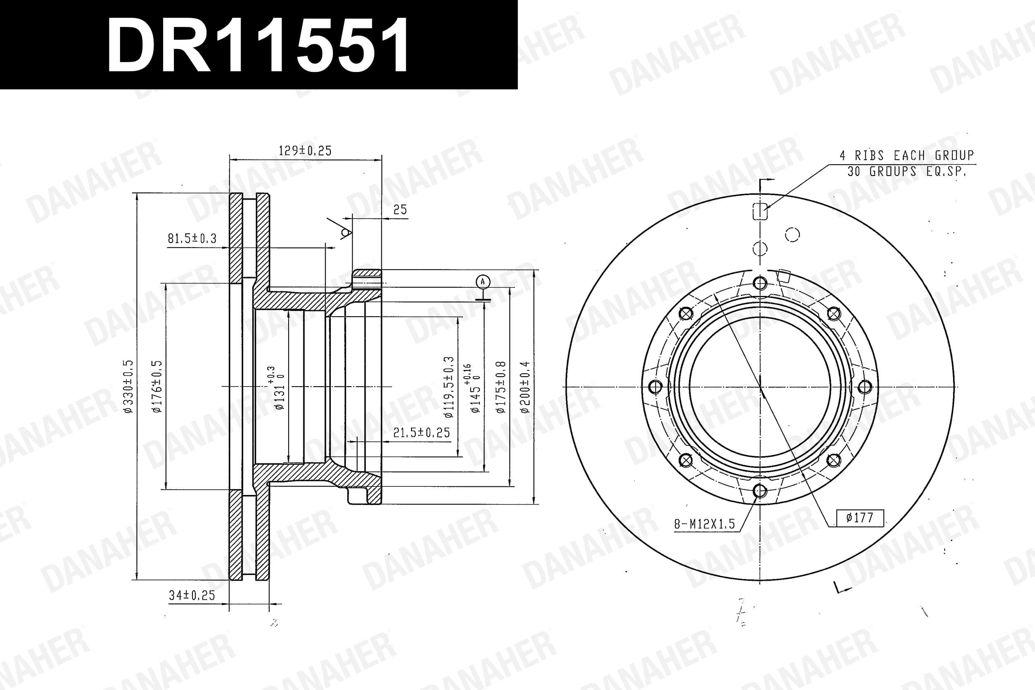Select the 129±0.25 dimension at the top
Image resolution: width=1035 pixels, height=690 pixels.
tap(305, 151)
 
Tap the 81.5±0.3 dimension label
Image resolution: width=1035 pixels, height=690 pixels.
tap(192, 238)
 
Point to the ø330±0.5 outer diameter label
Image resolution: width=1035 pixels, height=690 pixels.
tap(128, 386)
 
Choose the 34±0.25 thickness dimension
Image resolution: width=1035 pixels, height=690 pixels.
tap(192, 595)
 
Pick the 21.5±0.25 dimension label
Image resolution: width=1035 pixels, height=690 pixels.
tap(421, 433)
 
